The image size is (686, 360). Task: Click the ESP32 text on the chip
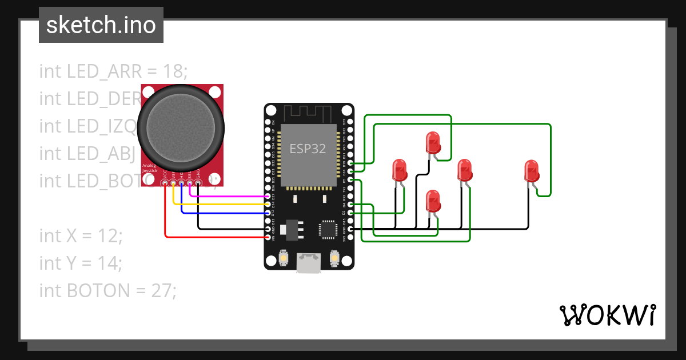pyautogui.click(x=308, y=149)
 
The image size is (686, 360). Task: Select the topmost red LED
pyautogui.click(x=433, y=142)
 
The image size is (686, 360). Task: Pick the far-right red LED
pyautogui.click(x=532, y=171)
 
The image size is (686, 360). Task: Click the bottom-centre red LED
pyautogui.click(x=433, y=202)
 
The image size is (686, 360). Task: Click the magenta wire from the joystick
pyautogui.click(x=229, y=196)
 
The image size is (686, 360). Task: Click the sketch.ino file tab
pyautogui.click(x=101, y=25)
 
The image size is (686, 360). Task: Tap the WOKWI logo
pyautogui.click(x=607, y=315)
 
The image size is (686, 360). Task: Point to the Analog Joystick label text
pyautogui.click(x=150, y=168)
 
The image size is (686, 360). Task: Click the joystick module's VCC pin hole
pyautogui.click(x=165, y=182)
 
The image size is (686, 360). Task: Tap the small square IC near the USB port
pyautogui.click(x=329, y=229)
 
